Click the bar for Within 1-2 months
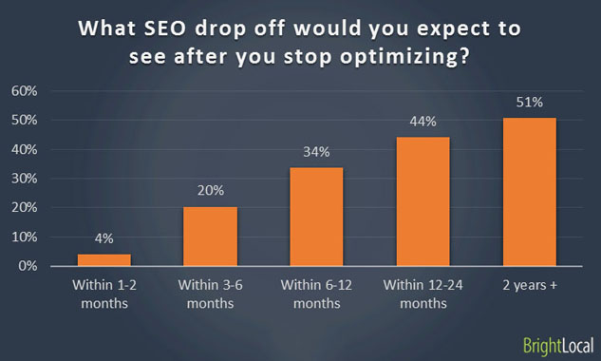coord(104,259)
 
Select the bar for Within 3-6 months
coord(211,237)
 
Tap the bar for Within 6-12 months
coord(317,217)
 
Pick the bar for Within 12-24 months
coord(423,201)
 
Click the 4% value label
coord(104,239)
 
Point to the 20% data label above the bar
coord(211,191)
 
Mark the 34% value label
coord(317,151)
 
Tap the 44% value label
coord(423,122)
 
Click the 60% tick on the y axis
coord(24,91)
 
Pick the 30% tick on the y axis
coord(24,179)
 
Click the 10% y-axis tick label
coord(24,237)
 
